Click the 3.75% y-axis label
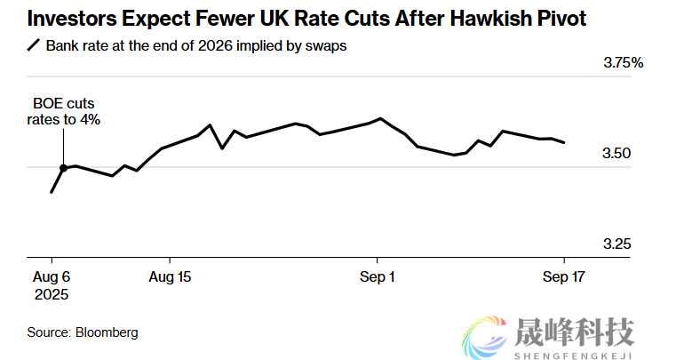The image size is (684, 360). (x=622, y=63)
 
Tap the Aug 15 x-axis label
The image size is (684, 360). (x=170, y=276)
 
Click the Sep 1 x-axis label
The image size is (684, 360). (x=377, y=276)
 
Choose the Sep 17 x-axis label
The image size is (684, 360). (x=562, y=276)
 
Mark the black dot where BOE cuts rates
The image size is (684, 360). (x=64, y=167)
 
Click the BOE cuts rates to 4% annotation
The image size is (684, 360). (x=64, y=112)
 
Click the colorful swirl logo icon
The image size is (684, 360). (x=486, y=335)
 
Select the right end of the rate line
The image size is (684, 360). (x=563, y=142)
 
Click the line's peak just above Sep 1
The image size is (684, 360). (x=380, y=118)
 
